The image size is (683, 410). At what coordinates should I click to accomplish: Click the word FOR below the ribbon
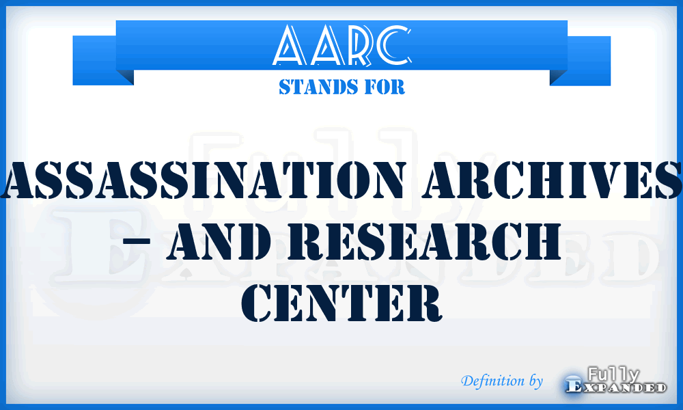click(387, 87)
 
